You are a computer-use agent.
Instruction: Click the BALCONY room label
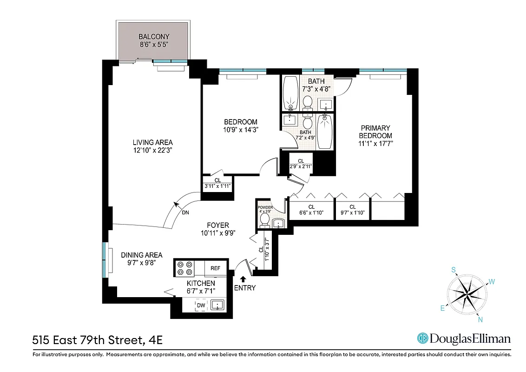coord(153,37)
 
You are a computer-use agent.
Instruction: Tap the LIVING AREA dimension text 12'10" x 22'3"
coord(153,150)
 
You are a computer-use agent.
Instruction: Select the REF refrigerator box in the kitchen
coord(215,268)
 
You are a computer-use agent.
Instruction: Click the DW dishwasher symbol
coord(201,305)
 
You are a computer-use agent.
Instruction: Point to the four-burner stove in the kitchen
coord(184,268)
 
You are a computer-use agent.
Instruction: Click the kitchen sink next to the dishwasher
coord(217,305)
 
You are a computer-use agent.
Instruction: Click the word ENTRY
coord(244,288)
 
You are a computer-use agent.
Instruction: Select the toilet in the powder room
coord(265,219)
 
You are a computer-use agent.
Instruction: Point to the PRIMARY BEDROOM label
coord(375,132)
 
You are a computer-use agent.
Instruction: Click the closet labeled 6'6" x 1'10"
coord(311,210)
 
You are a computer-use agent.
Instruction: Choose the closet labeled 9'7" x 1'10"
coord(352,210)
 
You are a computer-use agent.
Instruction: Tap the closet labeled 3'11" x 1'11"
coord(217,183)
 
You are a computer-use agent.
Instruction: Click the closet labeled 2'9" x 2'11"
coord(301,164)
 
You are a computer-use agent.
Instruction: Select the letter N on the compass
coord(480,319)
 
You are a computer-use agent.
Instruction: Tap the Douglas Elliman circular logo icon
coord(422,338)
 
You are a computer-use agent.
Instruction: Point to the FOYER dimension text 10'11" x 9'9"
coord(218,233)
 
